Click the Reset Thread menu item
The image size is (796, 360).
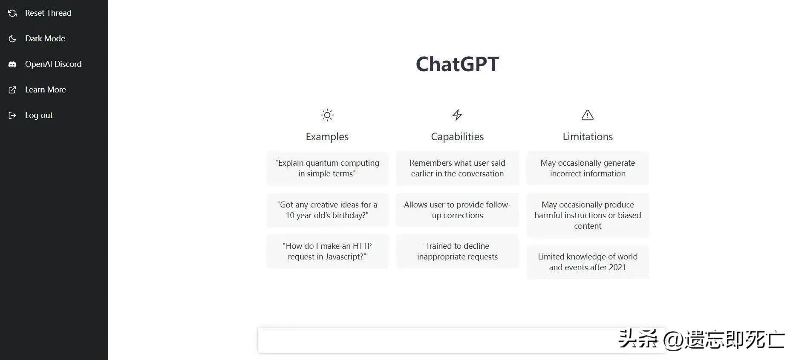[x=48, y=13]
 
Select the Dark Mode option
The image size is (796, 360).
[x=45, y=39]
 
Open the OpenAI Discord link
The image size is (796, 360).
[x=53, y=64]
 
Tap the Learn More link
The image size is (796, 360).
[x=45, y=90]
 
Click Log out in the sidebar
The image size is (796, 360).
[x=39, y=115]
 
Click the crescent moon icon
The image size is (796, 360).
[x=12, y=39]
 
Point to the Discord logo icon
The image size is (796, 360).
[x=12, y=64]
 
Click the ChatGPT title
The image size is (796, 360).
[x=457, y=64]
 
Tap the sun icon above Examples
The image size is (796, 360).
[x=327, y=115]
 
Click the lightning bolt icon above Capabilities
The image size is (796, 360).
[x=457, y=115]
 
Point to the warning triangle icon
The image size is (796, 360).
[x=587, y=115]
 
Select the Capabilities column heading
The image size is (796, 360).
[x=457, y=137]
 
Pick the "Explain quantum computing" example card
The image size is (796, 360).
[x=327, y=168]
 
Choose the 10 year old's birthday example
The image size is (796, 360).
[x=327, y=210]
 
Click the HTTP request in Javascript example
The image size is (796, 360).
[x=327, y=251]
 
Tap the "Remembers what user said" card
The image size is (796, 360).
[x=457, y=168]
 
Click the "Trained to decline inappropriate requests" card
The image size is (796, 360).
[x=457, y=251]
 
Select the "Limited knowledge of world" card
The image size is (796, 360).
[x=587, y=262]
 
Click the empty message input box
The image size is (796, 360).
[x=435, y=340]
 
